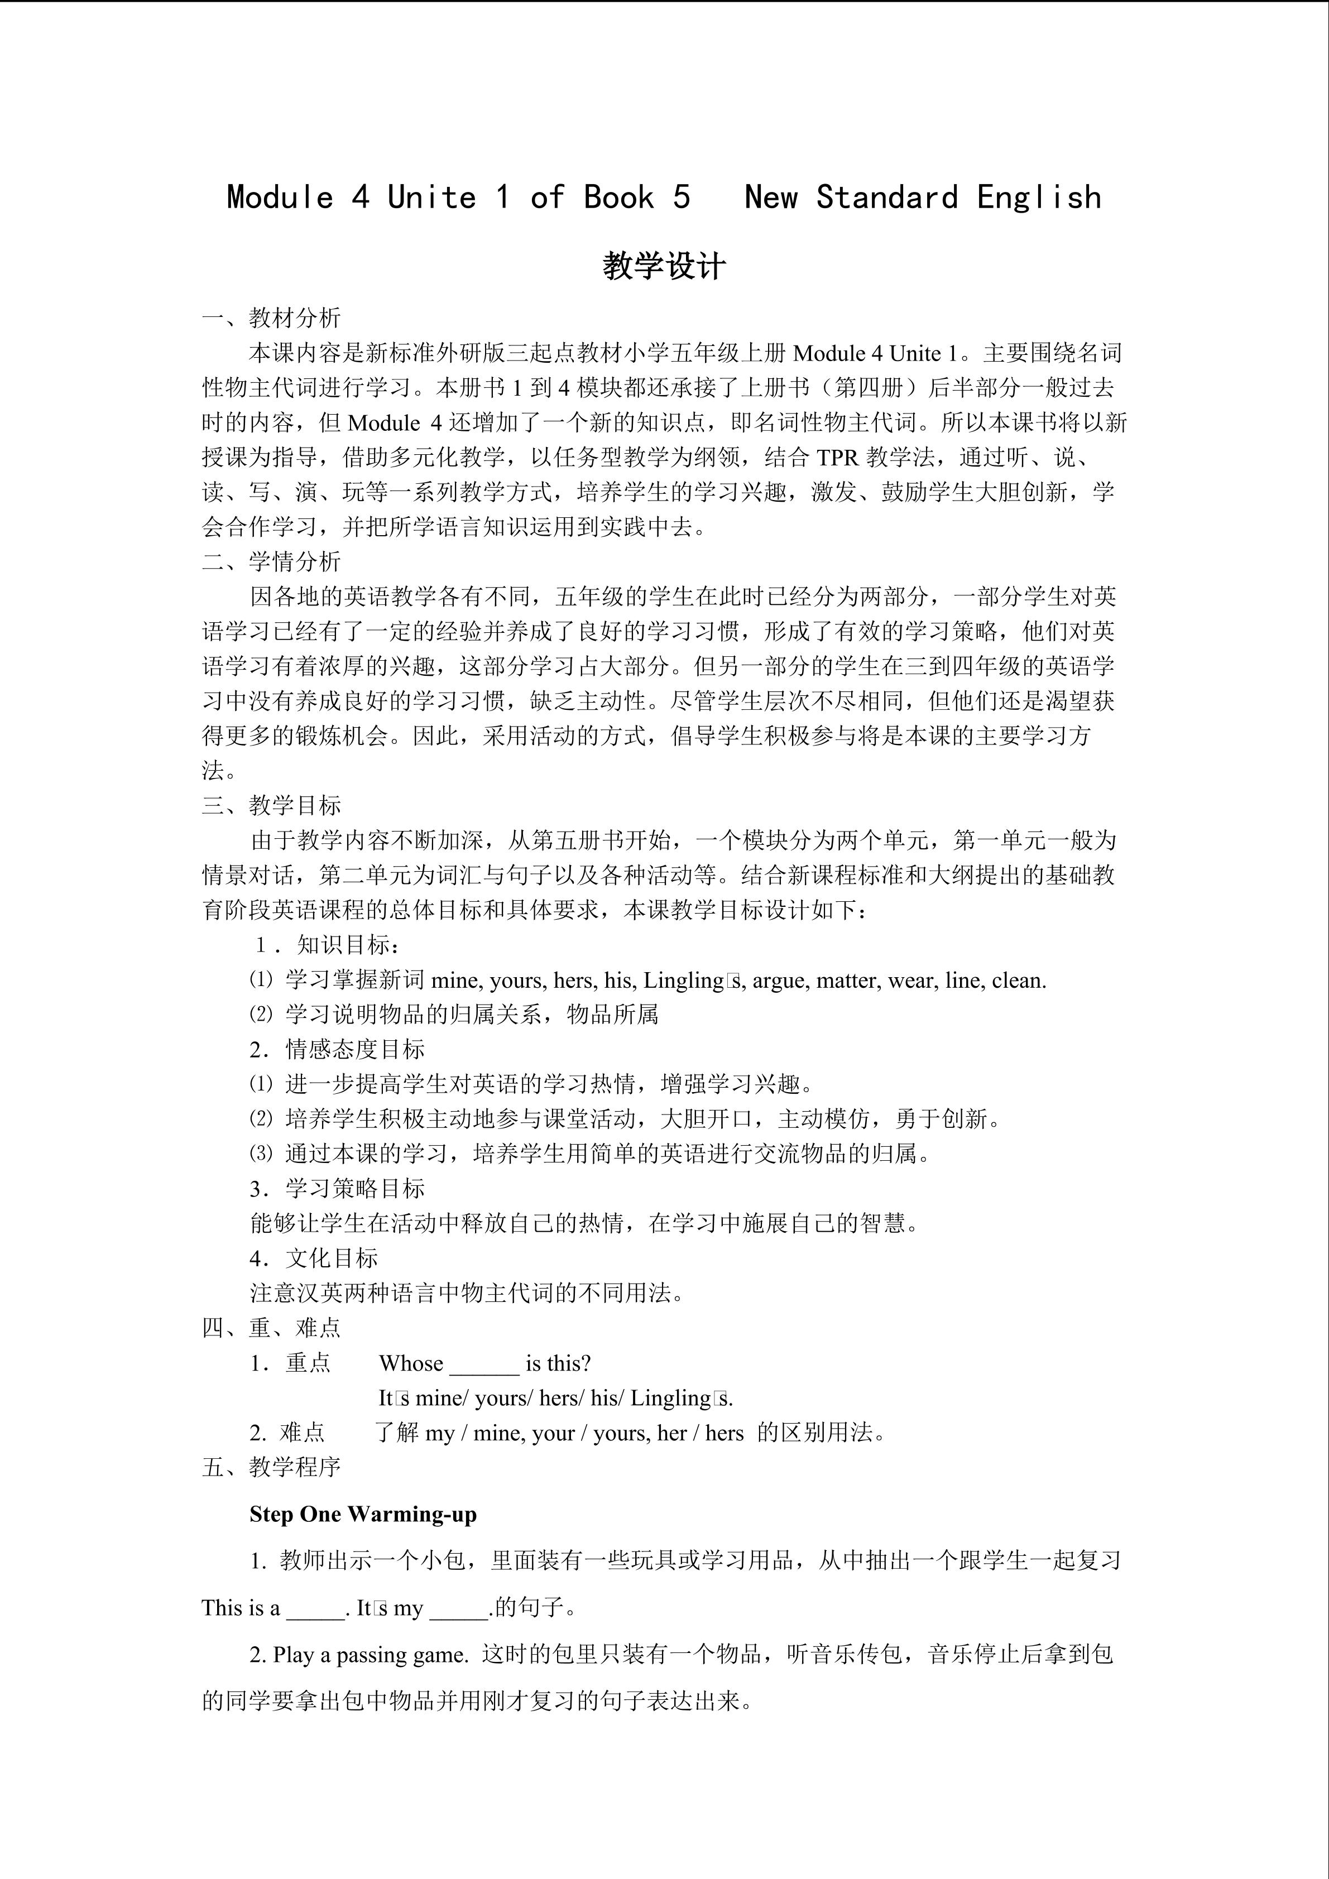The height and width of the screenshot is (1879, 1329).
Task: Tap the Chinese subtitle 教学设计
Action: pyautogui.click(x=664, y=266)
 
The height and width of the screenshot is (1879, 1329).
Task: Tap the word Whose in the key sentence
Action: pyautogui.click(x=411, y=1363)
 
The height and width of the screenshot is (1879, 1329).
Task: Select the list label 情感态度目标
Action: pyautogui.click(x=354, y=1049)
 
